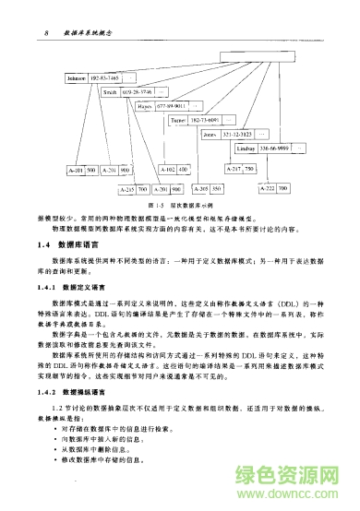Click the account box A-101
(76, 171)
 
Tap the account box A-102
(167, 171)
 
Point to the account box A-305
(198, 188)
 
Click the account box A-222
(268, 188)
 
